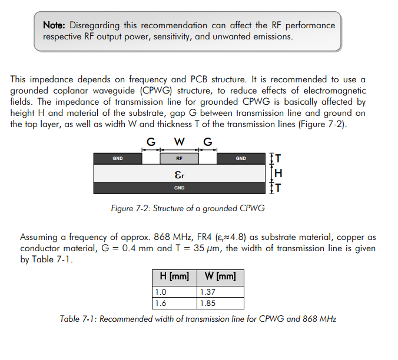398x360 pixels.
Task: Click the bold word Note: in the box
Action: [54, 25]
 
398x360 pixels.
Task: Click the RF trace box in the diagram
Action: [179, 158]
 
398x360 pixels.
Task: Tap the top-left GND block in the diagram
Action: [118, 158]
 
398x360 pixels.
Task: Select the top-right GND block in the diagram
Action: [241, 158]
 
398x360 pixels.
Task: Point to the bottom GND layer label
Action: [179, 188]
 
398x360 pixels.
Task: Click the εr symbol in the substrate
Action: [180, 175]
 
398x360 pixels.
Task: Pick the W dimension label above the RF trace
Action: [179, 141]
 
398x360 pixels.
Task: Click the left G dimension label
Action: [151, 142]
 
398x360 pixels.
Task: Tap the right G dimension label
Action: [208, 142]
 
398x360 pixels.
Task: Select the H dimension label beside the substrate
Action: [278, 173]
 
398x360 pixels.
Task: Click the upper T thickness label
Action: [278, 158]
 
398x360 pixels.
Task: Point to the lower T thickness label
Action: [278, 188]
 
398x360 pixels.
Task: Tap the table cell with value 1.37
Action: [220, 292]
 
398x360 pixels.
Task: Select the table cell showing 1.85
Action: [220, 303]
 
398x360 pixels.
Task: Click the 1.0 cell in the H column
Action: [174, 292]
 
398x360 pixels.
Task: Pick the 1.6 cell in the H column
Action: [174, 303]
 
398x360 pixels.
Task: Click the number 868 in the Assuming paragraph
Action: [162, 237]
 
